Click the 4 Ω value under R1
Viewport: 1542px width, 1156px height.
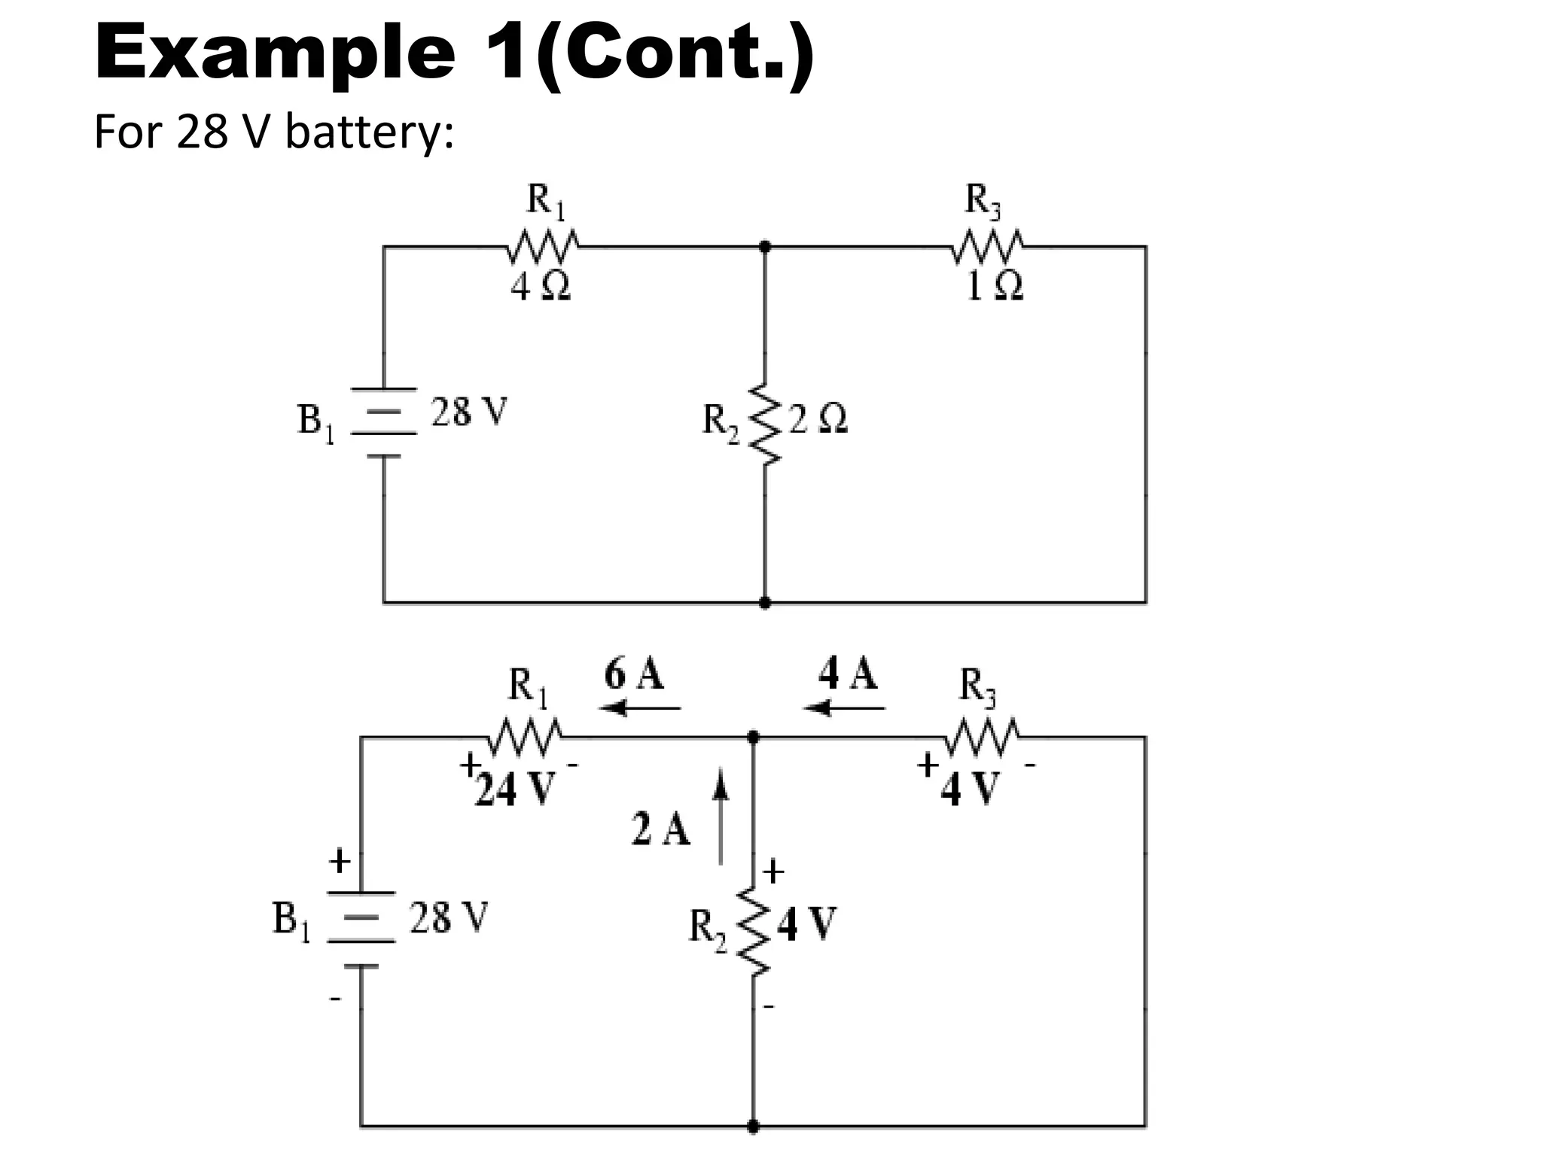point(540,287)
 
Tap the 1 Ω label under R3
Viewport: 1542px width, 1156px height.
point(994,287)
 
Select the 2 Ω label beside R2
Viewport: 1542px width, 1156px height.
point(818,418)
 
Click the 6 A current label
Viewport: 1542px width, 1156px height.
point(634,674)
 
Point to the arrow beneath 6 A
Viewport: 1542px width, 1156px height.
point(640,707)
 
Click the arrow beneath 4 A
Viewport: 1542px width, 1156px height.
point(844,707)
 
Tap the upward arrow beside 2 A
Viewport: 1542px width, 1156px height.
point(721,817)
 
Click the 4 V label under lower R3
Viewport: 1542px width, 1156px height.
point(971,789)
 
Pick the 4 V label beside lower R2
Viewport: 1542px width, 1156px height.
point(806,924)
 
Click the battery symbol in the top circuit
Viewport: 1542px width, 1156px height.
point(384,422)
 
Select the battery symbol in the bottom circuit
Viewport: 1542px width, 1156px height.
point(361,929)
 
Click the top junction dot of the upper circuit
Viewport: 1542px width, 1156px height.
point(765,246)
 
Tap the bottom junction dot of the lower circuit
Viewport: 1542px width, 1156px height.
point(753,1127)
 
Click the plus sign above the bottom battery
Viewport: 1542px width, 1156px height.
point(340,860)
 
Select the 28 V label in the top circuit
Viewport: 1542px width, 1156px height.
point(469,412)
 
